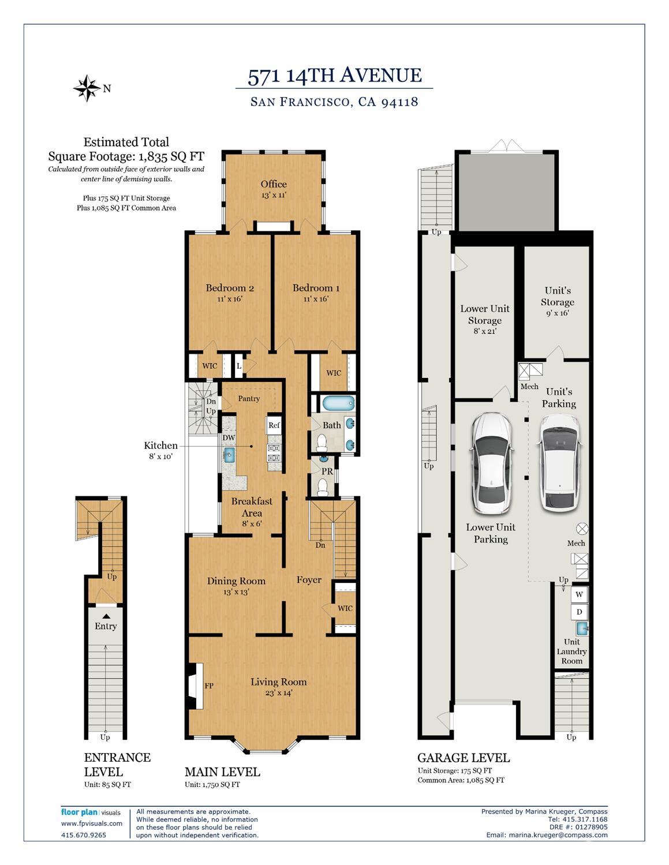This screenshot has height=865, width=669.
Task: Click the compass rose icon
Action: pos(87,88)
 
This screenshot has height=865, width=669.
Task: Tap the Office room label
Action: pos(274,184)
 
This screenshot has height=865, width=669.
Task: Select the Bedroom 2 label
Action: pos(230,288)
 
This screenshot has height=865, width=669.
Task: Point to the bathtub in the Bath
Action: pos(338,403)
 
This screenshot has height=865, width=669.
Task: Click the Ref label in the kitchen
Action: pos(274,425)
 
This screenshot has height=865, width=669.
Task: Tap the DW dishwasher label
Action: pos(229,437)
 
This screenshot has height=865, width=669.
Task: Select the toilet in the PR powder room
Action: pos(323,487)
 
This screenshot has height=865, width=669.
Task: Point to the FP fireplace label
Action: pos(209,686)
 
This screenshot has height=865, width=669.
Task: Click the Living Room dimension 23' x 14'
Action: pos(279,692)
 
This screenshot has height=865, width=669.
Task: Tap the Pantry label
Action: pos(249,399)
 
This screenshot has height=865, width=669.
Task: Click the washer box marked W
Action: pos(580,595)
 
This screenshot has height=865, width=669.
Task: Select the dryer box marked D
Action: pos(580,612)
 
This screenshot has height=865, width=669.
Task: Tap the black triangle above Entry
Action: pos(106,616)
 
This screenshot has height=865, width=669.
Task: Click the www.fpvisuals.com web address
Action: pos(92,823)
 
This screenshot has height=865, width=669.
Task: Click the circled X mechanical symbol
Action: pos(582,529)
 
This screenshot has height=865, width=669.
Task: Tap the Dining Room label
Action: pos(236,581)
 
